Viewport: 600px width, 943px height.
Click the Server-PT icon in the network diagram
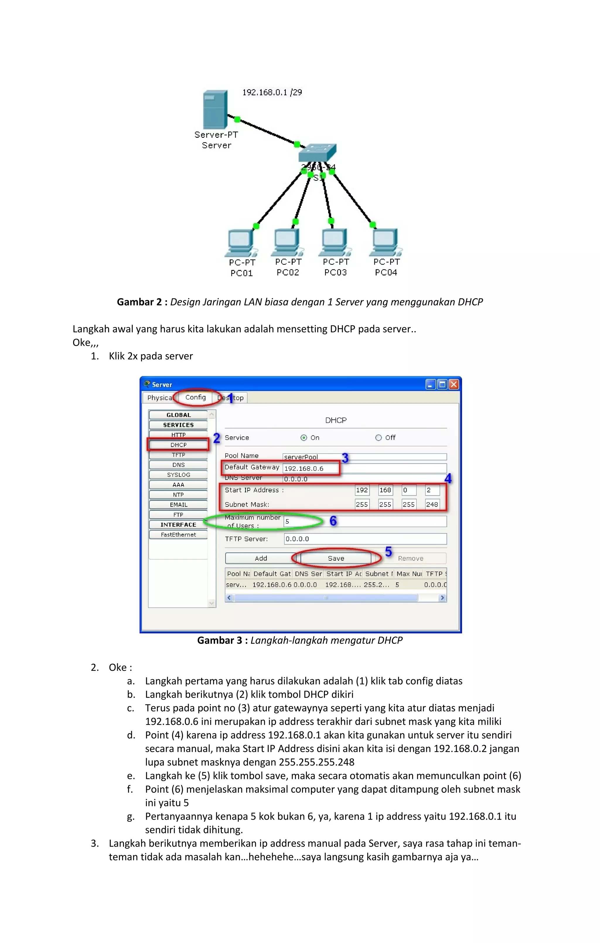[215, 109]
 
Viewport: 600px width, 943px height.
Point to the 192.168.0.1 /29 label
[272, 92]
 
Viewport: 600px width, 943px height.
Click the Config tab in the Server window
[195, 397]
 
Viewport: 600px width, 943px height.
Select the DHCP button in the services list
[178, 445]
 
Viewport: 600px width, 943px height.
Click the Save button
[336, 558]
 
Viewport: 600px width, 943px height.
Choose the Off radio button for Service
[378, 438]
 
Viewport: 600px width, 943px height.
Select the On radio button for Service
[304, 438]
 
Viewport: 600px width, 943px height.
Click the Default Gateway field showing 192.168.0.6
[310, 468]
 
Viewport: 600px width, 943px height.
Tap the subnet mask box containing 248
[432, 504]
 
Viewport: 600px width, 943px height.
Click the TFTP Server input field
[365, 539]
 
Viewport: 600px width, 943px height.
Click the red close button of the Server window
[454, 384]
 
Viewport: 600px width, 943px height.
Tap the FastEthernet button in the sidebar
[178, 535]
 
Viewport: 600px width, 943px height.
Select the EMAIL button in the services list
[178, 505]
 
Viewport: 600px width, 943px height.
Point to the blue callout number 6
[333, 521]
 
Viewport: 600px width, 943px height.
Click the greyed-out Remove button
[410, 558]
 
